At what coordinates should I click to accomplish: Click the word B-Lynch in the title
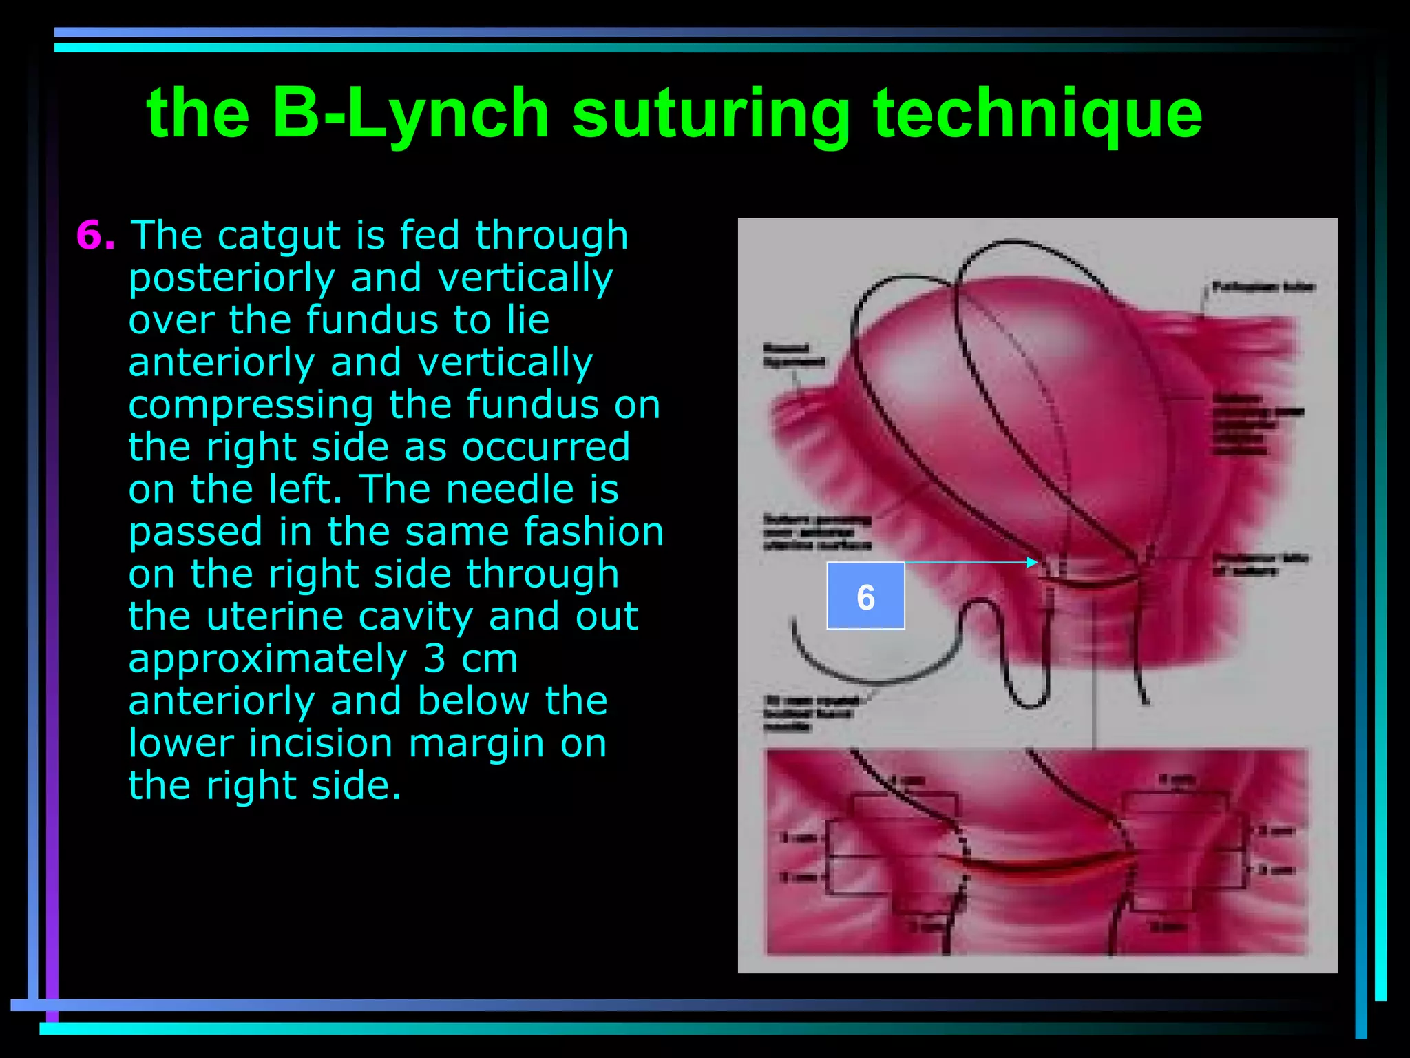[410, 114]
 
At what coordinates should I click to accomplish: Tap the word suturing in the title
[711, 114]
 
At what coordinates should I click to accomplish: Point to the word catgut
[278, 236]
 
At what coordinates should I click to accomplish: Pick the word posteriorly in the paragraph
[232, 278]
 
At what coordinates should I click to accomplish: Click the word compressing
[251, 405]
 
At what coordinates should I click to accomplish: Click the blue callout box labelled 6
[865, 596]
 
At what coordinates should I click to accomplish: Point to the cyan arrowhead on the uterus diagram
[1032, 562]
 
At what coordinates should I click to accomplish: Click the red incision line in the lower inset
[1040, 869]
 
